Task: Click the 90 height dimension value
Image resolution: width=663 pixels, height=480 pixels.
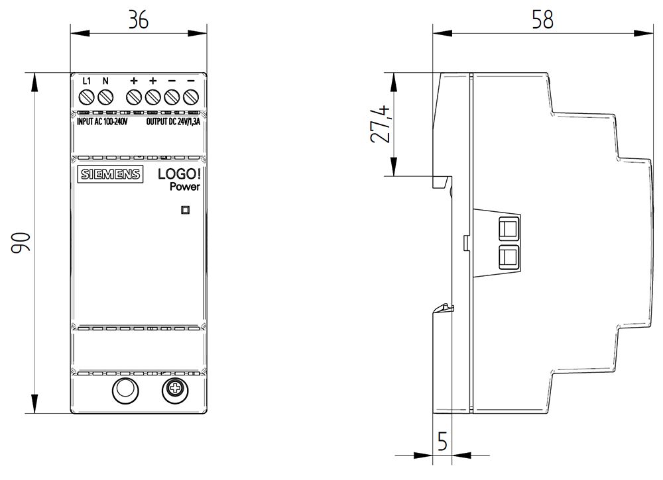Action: pyautogui.click(x=20, y=243)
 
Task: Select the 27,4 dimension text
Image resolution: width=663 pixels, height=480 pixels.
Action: pyautogui.click(x=381, y=124)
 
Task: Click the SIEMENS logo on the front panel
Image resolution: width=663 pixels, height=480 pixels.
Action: pyautogui.click(x=111, y=175)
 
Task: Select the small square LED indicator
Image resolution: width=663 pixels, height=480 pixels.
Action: pyautogui.click(x=186, y=211)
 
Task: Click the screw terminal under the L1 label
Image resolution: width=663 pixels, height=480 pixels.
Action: pyautogui.click(x=86, y=98)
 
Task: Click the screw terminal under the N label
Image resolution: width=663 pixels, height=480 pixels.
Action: pyautogui.click(x=105, y=98)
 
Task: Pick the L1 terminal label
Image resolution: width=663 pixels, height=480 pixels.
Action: pyautogui.click(x=86, y=81)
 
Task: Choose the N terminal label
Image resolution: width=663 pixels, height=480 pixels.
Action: pyautogui.click(x=105, y=81)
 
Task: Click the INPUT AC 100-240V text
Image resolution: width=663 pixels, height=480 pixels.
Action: pyautogui.click(x=99, y=121)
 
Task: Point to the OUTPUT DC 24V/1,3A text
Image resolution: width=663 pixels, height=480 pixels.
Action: pyautogui.click(x=172, y=121)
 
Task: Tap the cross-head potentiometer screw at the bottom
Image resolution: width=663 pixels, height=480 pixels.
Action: pyautogui.click(x=175, y=391)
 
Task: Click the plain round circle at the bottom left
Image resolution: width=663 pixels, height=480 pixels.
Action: pyautogui.click(x=123, y=391)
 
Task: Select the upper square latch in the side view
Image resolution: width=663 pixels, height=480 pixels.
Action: pyautogui.click(x=509, y=228)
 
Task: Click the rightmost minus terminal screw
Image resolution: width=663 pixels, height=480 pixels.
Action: pyautogui.click(x=191, y=98)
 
